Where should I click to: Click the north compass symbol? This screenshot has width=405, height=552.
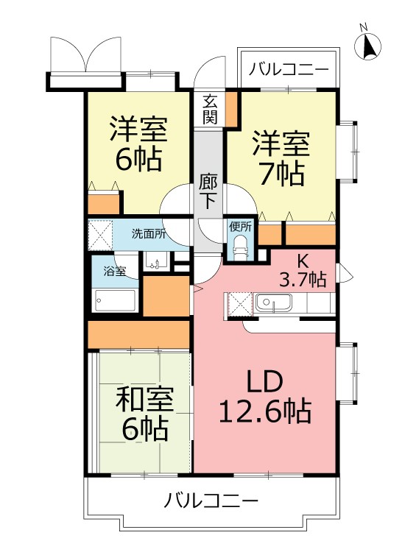click(367, 46)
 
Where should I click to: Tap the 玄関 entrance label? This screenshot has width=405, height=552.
click(210, 110)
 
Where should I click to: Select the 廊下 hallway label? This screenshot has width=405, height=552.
click(208, 191)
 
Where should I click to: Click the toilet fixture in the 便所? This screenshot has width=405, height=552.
click(242, 248)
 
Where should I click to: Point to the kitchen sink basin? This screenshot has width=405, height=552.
click(273, 302)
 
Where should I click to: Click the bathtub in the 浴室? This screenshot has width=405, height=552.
click(114, 300)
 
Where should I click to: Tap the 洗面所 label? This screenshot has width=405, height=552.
click(148, 234)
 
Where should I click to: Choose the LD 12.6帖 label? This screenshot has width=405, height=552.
click(265, 397)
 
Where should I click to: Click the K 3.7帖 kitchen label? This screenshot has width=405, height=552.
click(303, 271)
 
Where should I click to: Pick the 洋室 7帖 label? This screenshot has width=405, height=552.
click(281, 158)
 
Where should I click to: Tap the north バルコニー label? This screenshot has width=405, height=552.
click(289, 70)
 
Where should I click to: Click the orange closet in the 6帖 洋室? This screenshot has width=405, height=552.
click(104, 203)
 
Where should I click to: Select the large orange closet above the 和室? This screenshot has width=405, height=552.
click(138, 334)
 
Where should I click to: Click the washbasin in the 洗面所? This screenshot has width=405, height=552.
click(155, 261)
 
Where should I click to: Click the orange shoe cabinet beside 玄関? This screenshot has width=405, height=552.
click(231, 109)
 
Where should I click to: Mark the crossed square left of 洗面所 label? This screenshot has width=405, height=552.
click(100, 235)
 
